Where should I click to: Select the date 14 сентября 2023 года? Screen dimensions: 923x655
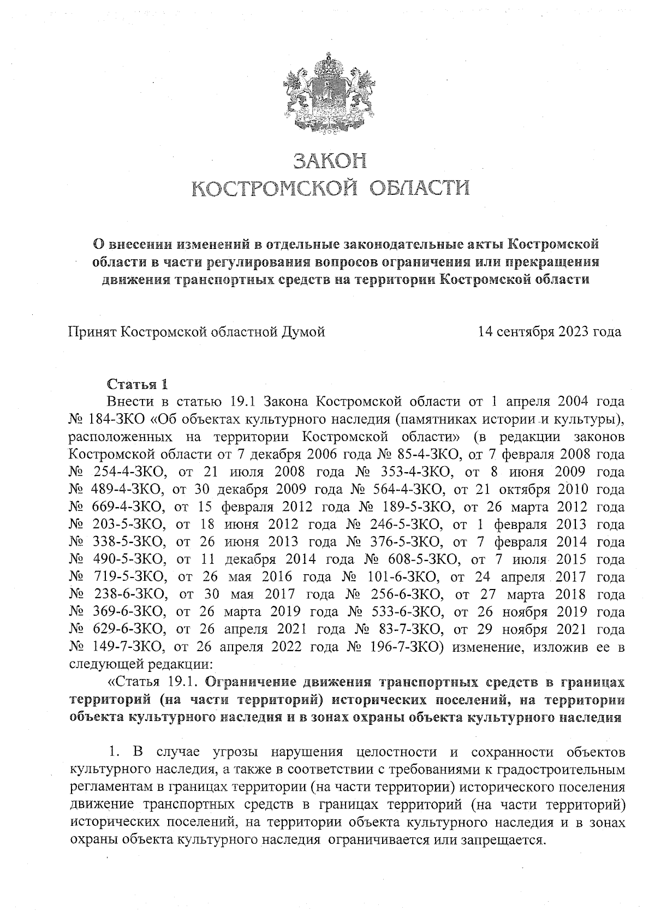(549, 332)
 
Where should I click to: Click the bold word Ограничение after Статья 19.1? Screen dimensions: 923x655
(249, 682)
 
